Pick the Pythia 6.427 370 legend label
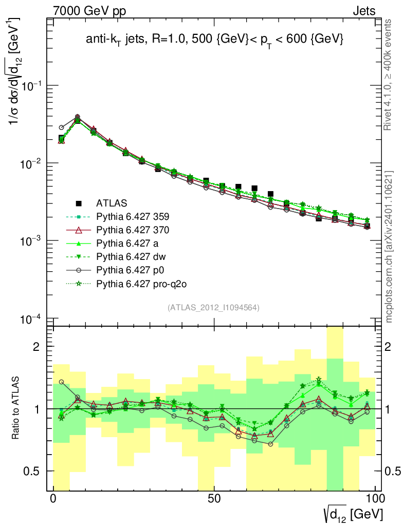[132, 230]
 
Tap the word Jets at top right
[363, 11]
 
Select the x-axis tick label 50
[214, 499]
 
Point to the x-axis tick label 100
[375, 499]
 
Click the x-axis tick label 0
[53, 499]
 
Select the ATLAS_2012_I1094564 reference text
[213, 308]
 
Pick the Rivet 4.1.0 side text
[389, 80]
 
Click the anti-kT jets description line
[214, 40]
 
